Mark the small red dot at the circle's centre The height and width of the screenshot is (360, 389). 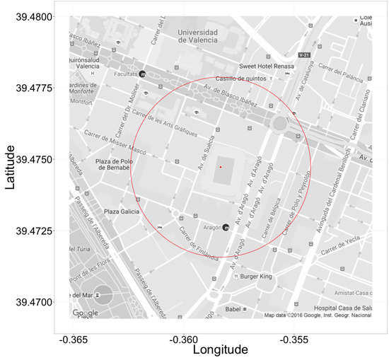click(x=221, y=167)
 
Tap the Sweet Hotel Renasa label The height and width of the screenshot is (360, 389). click(x=265, y=67)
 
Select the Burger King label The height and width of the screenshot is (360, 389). click(x=256, y=277)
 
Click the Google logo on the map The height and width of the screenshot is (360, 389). click(x=86, y=313)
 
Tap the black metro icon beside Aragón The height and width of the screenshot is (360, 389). click(x=226, y=228)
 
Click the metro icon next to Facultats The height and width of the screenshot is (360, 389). click(x=142, y=74)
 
